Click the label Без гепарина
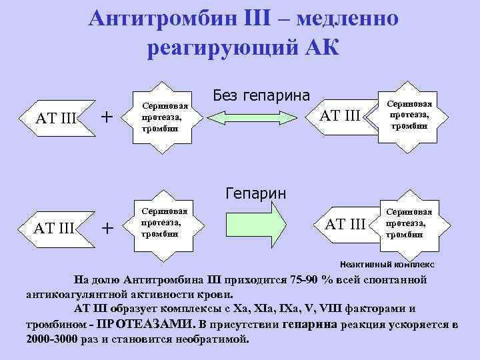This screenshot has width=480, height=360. [x=261, y=96]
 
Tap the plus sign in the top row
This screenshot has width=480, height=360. [x=105, y=117]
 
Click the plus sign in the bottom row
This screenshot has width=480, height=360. [x=105, y=228]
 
